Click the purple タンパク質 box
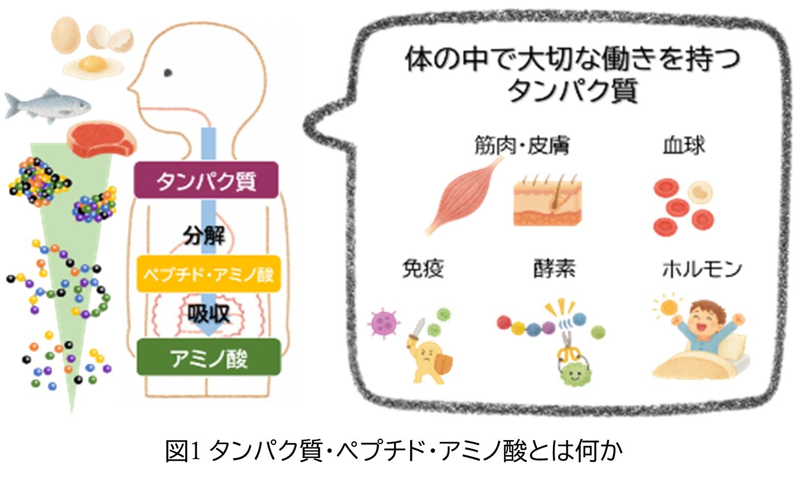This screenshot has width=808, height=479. pyautogui.click(x=206, y=180)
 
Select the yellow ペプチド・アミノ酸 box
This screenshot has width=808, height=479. pyautogui.click(x=209, y=274)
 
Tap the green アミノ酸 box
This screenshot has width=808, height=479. pyautogui.click(x=209, y=357)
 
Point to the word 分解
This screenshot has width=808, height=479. pyautogui.click(x=204, y=236)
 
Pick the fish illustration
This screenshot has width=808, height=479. pyautogui.click(x=47, y=105)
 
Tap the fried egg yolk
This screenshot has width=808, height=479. pyautogui.click(x=92, y=63)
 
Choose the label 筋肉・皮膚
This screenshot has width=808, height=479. pyautogui.click(x=521, y=146)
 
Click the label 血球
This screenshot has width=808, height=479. pyautogui.click(x=683, y=146)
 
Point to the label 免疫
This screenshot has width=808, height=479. pyautogui.click(x=423, y=268)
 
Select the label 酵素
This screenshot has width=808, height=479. pyautogui.click(x=554, y=268)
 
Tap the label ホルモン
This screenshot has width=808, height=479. pyautogui.click(x=702, y=268)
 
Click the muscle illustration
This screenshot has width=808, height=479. pyautogui.click(x=460, y=197)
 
